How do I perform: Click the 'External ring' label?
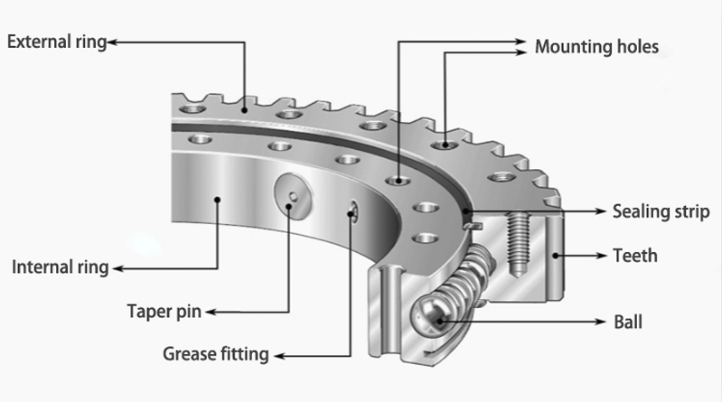57,42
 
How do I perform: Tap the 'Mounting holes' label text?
596,46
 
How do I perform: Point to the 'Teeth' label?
635,256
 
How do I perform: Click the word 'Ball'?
628,321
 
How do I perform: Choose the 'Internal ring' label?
60,267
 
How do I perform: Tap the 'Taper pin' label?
164,313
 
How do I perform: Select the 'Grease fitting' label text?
215,354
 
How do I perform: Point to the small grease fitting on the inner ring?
353,210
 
